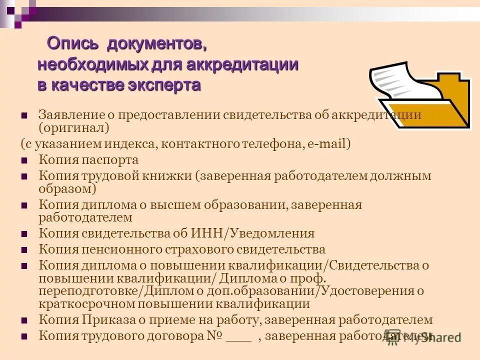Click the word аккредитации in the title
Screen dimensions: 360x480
click(x=243, y=64)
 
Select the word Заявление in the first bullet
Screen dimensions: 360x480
click(x=70, y=115)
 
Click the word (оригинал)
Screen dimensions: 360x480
click(x=73, y=127)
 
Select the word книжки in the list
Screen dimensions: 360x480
click(x=167, y=176)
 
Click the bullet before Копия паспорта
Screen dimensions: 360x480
click(x=24, y=161)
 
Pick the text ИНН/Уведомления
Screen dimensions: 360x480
click(x=252, y=233)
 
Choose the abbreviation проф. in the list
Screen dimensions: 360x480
click(x=311, y=278)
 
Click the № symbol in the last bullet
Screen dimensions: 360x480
click(x=214, y=336)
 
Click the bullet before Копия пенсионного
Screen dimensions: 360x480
click(x=24, y=249)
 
